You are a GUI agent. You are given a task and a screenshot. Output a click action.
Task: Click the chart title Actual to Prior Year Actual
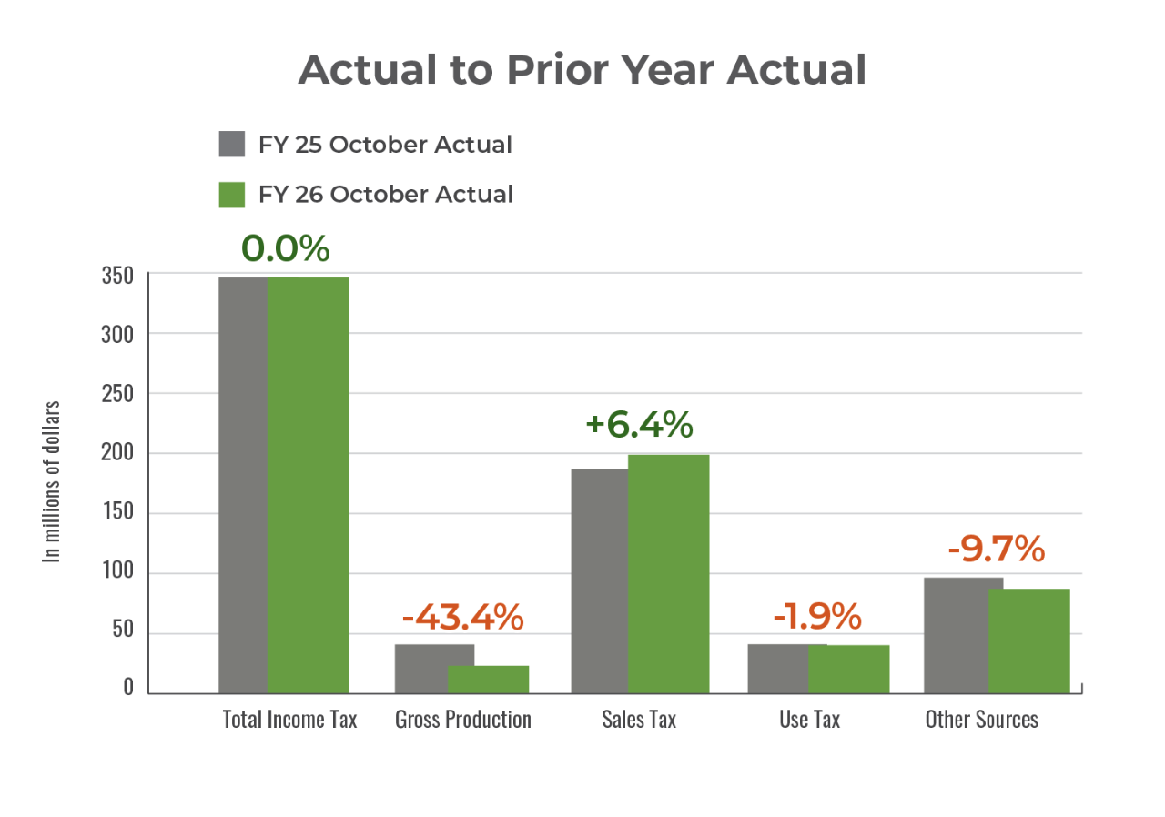[582, 70]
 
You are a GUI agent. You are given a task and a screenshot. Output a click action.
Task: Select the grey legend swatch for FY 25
[232, 145]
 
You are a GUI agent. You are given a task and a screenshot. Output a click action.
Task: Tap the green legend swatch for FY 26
[232, 194]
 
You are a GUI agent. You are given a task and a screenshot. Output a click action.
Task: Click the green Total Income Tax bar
[309, 484]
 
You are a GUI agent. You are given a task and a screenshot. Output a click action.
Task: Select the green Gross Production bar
[489, 679]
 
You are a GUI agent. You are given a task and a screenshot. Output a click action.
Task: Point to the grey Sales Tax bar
[598, 580]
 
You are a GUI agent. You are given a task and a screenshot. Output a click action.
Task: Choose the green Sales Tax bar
[668, 573]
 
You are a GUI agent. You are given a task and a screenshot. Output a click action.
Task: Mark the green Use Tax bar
[848, 668]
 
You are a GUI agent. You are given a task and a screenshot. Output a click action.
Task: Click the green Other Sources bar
[1028, 640]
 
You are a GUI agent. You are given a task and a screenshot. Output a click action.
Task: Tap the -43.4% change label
[462, 617]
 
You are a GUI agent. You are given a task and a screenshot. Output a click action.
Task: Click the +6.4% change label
[640, 425]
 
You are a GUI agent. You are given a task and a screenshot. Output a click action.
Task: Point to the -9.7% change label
[996, 549]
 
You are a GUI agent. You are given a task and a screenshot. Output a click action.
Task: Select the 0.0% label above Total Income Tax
[285, 248]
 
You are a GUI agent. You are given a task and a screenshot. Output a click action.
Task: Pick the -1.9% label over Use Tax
[816, 617]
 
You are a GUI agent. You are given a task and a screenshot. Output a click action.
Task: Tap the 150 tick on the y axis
[116, 513]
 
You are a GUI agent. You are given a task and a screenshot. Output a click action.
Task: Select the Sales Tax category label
[639, 719]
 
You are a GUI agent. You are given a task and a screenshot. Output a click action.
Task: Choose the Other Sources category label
[981, 719]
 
